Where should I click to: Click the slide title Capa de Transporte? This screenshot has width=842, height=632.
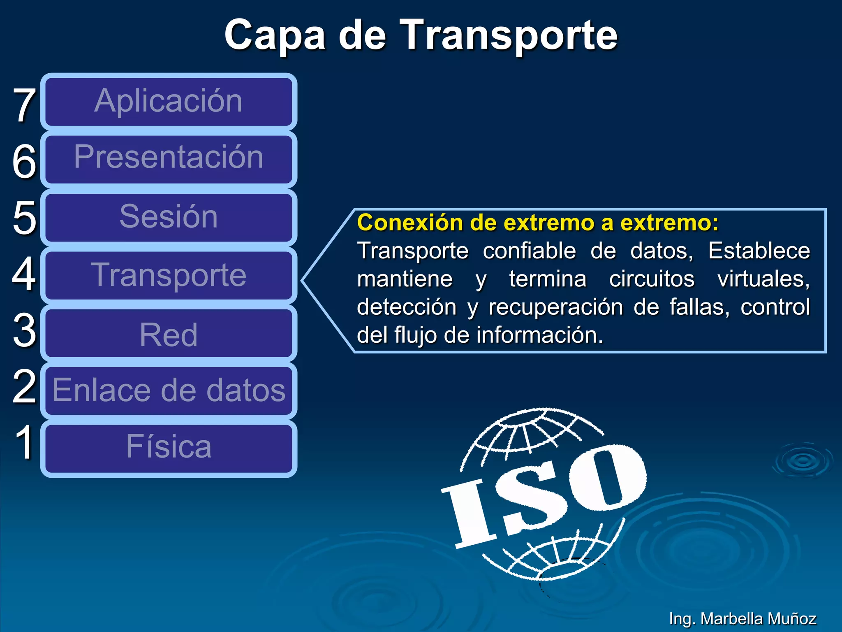[x=421, y=35]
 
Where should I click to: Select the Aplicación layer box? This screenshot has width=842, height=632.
[x=169, y=102]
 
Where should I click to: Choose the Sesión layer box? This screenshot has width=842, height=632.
[x=169, y=217]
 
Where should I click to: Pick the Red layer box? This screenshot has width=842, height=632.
[x=169, y=333]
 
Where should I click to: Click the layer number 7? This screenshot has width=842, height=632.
[x=24, y=105]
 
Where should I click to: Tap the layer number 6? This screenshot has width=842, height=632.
[x=24, y=162]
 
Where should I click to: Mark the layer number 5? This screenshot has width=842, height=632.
[x=24, y=218]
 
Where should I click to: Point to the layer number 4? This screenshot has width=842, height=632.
[x=24, y=274]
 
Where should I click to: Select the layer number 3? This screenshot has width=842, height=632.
[x=24, y=330]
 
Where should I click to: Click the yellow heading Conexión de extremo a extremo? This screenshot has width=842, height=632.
[x=537, y=223]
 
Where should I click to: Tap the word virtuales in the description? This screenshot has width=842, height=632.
[x=763, y=279]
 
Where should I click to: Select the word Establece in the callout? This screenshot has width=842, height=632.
[x=759, y=251]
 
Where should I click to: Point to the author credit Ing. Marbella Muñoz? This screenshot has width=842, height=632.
[x=742, y=618]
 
